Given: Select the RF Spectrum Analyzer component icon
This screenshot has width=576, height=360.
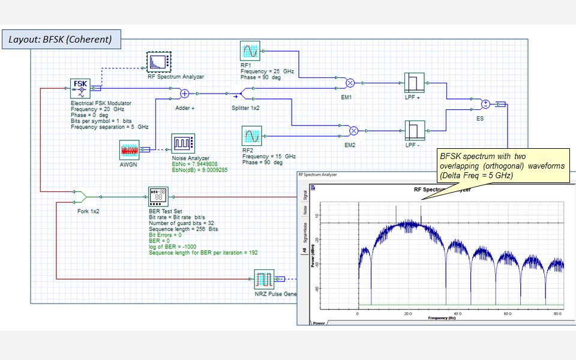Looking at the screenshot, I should click(159, 62).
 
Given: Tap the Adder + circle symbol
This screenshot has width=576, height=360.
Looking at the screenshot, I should click(185, 93).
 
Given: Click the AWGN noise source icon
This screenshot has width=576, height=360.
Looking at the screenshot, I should click(129, 149).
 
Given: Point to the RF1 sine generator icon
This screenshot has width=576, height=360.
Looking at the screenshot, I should click(250, 52).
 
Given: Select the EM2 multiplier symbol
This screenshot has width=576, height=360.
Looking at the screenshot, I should click(354, 130).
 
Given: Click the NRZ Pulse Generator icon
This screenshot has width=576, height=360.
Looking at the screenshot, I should click(263, 280).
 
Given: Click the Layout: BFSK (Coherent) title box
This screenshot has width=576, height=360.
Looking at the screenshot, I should click(60, 40).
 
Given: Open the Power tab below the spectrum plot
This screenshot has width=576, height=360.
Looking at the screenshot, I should click(319, 322).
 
